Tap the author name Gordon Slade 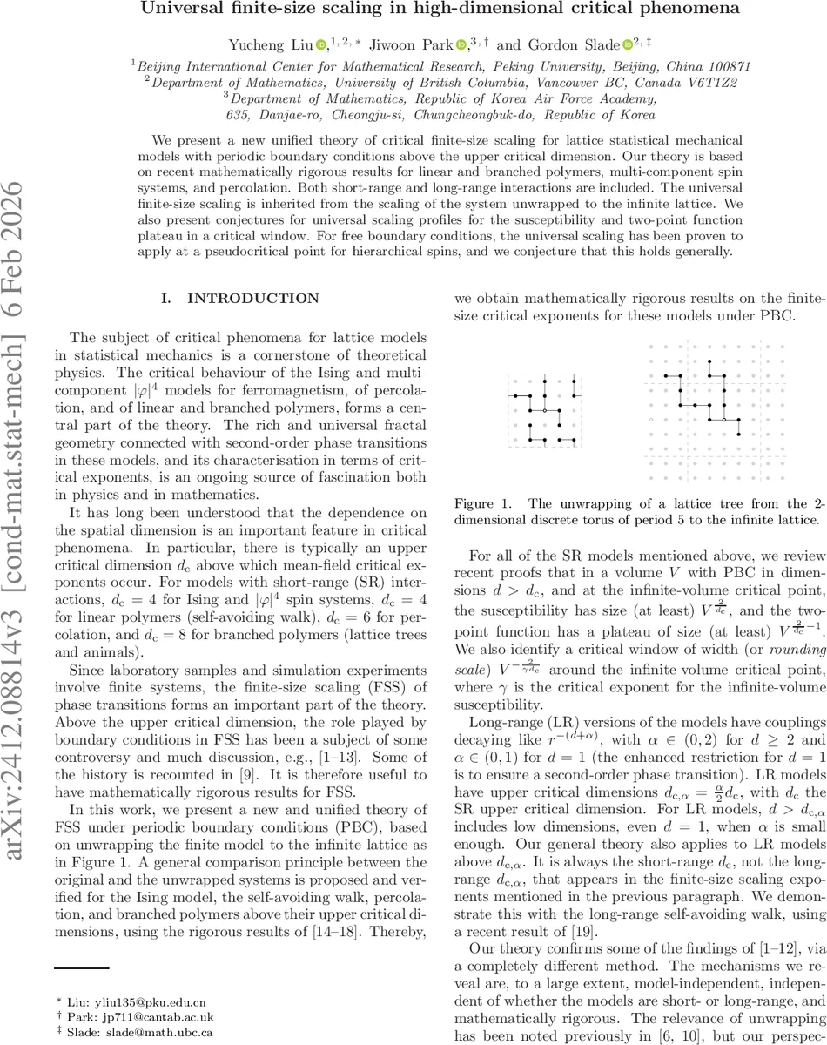point(576,43)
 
